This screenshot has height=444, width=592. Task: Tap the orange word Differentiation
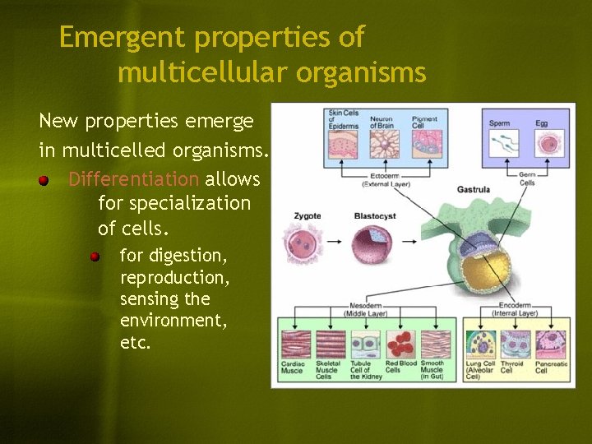pos(134,179)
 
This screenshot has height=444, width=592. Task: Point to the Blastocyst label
pos(374,216)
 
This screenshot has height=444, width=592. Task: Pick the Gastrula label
pos(474,189)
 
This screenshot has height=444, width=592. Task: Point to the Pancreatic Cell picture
pos(551,344)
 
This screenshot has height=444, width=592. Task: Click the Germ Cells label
pos(527,178)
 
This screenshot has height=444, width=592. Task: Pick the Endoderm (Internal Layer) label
pos(516,309)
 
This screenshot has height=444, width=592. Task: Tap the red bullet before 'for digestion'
pos(96,257)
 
